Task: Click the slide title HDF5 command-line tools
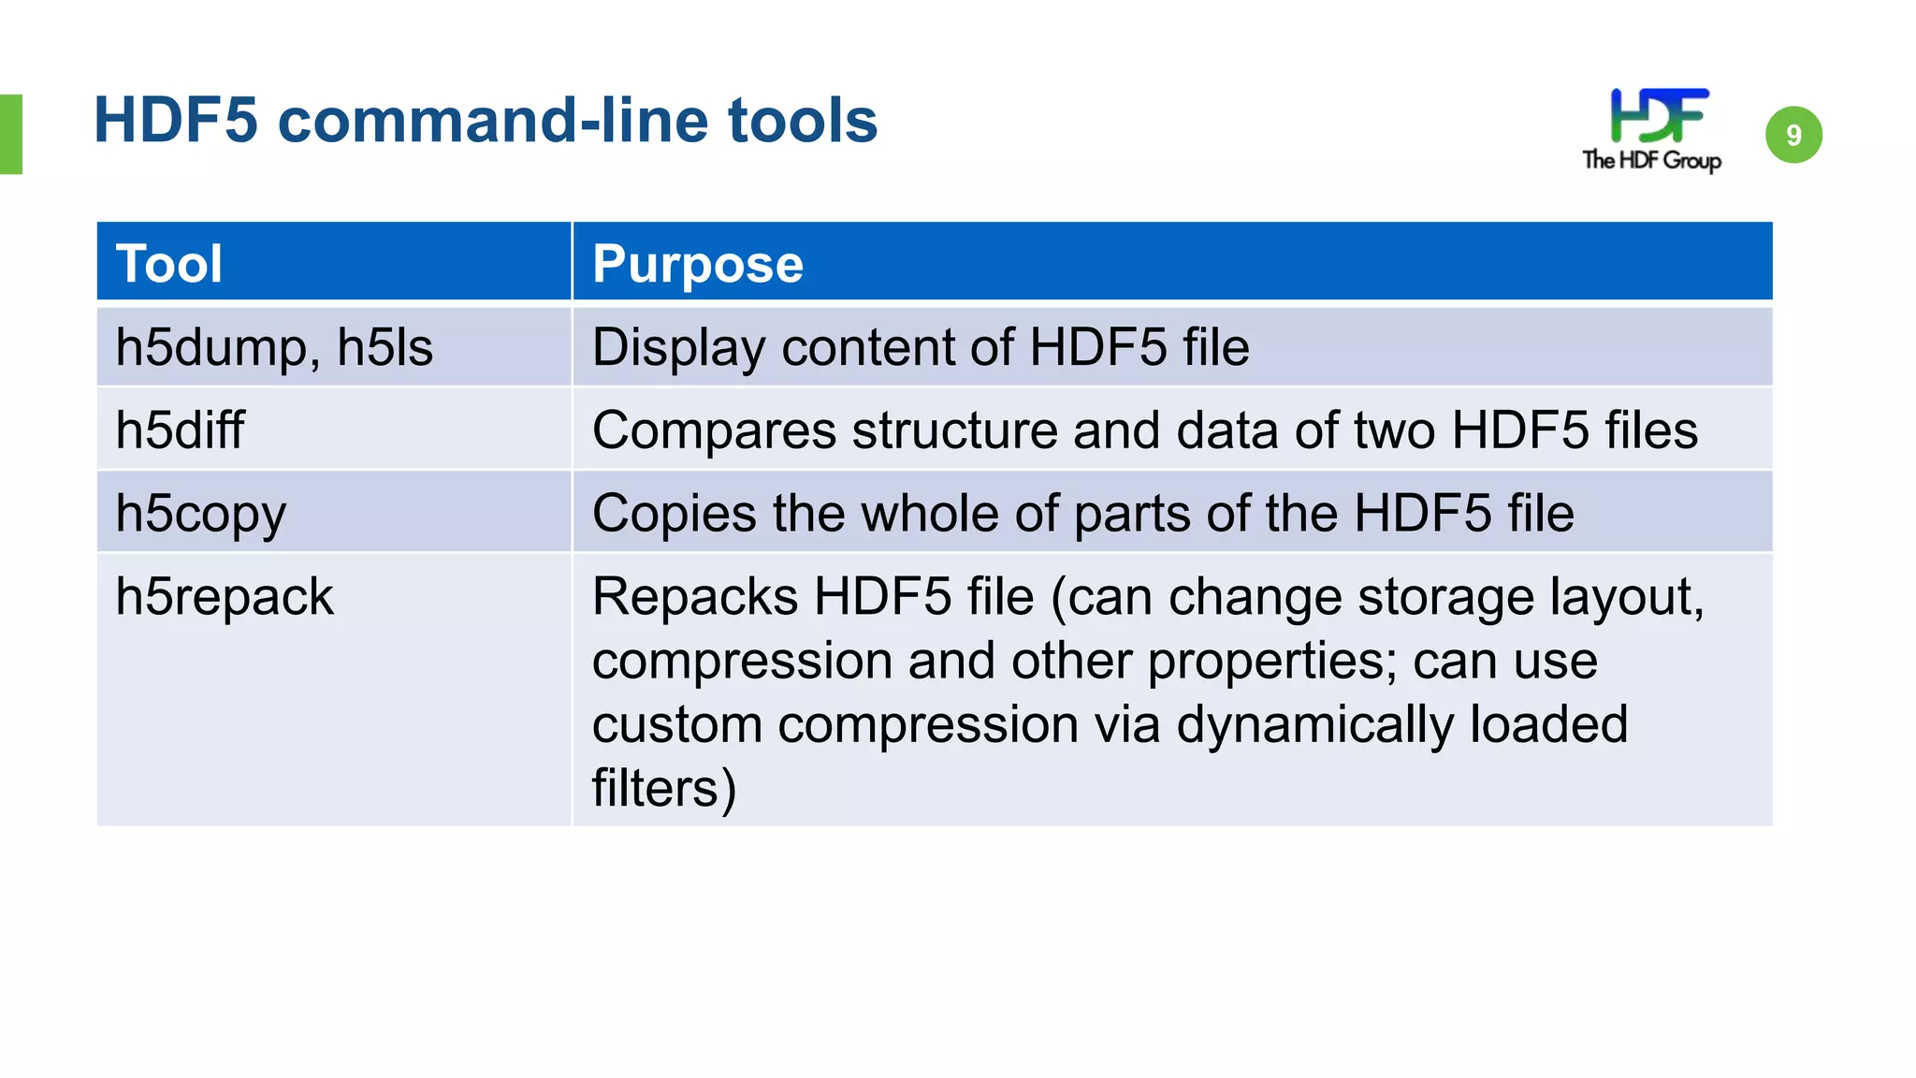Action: [486, 121]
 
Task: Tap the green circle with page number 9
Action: [1793, 135]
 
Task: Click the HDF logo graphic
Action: [1659, 115]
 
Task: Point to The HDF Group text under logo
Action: [1651, 160]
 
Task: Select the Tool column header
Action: [169, 263]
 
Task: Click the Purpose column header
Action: [698, 263]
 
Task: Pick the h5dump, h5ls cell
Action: [274, 347]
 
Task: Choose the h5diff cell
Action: [180, 430]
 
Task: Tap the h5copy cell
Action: [200, 514]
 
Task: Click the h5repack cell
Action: [225, 597]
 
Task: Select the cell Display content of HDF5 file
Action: [921, 347]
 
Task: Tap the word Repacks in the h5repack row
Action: [694, 597]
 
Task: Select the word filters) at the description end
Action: [664, 788]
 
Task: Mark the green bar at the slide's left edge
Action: [10, 134]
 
